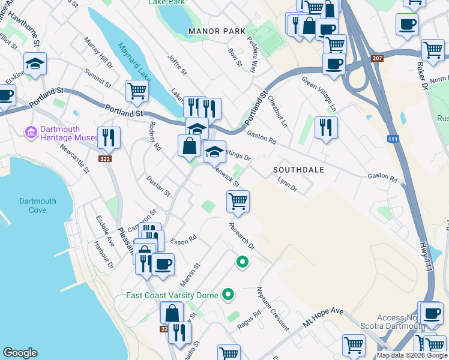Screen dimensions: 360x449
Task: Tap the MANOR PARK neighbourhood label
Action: (x=217, y=31)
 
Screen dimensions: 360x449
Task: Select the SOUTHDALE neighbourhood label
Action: (x=298, y=170)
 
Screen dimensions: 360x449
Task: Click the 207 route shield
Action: (x=377, y=58)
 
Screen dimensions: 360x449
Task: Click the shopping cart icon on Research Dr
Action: (x=238, y=201)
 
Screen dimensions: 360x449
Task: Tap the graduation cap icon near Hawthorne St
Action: (x=35, y=63)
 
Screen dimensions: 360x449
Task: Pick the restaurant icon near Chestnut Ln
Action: (x=325, y=127)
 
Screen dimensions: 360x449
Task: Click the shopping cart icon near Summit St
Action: (x=137, y=91)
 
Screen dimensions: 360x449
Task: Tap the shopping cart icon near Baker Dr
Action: (x=433, y=50)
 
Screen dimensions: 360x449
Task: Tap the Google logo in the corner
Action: (x=20, y=353)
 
